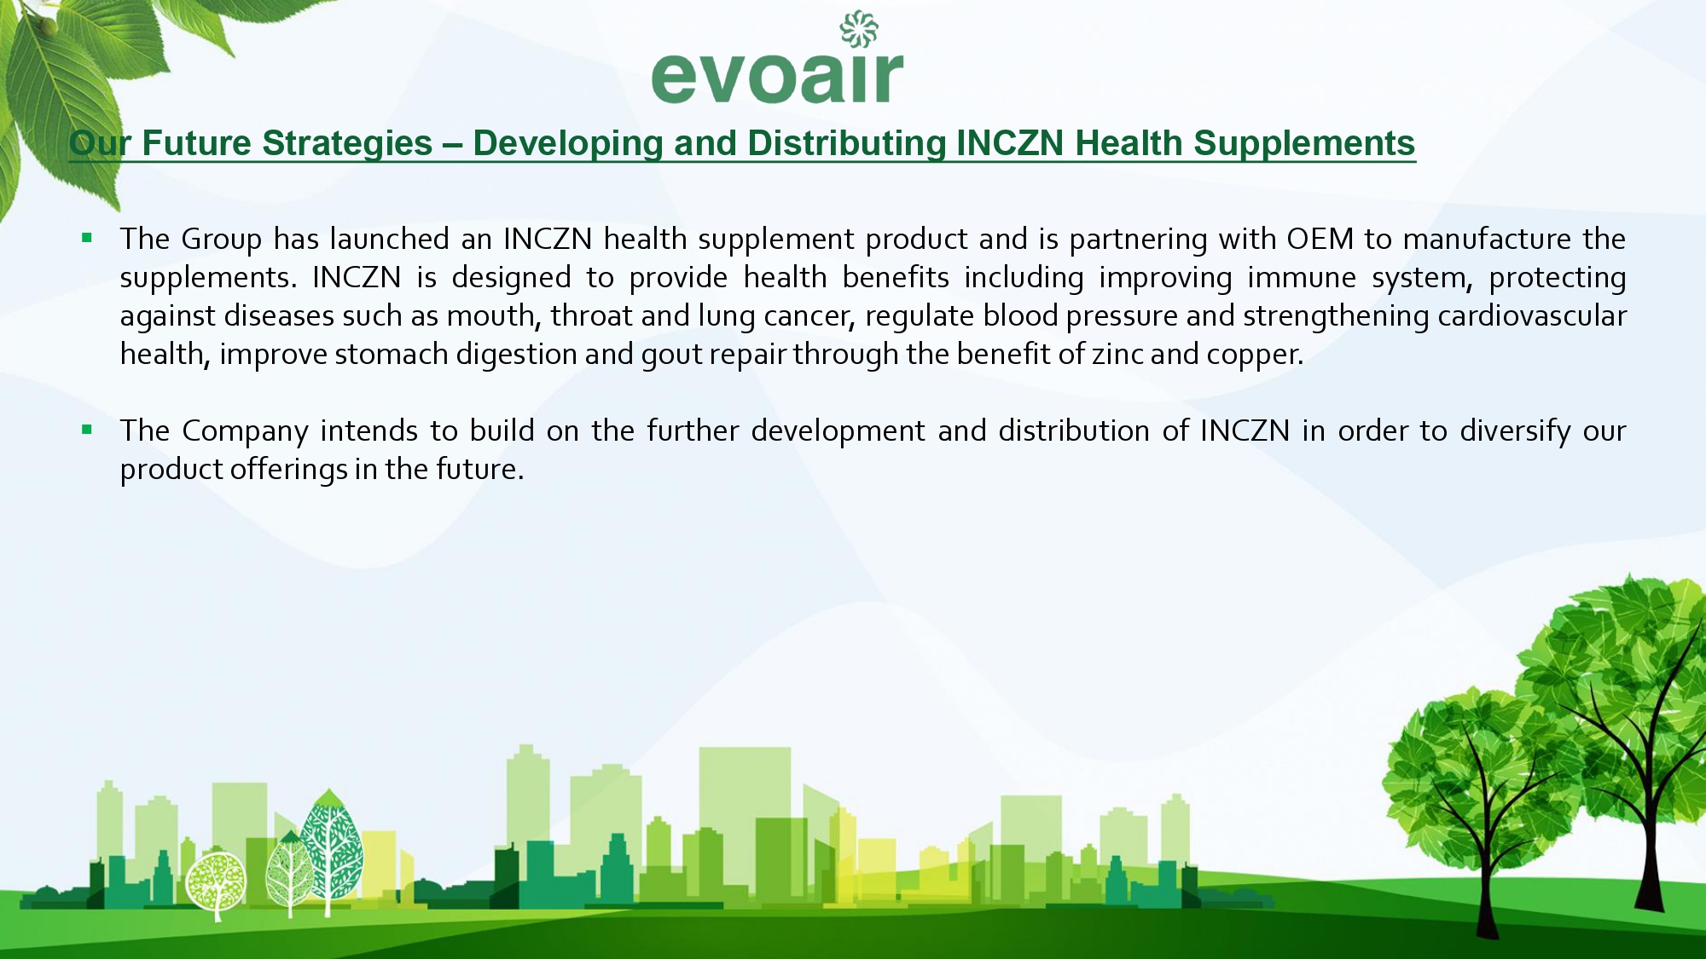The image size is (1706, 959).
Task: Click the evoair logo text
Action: (x=777, y=77)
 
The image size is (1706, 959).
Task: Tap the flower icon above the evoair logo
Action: (x=859, y=29)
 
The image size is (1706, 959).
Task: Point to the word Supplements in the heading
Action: (x=1304, y=144)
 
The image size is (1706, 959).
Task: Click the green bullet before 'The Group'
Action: (x=87, y=238)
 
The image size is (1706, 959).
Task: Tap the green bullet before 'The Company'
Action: (x=87, y=430)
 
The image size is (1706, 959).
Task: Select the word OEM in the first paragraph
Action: (x=1320, y=239)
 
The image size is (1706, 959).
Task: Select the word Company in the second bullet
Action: (x=245, y=431)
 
